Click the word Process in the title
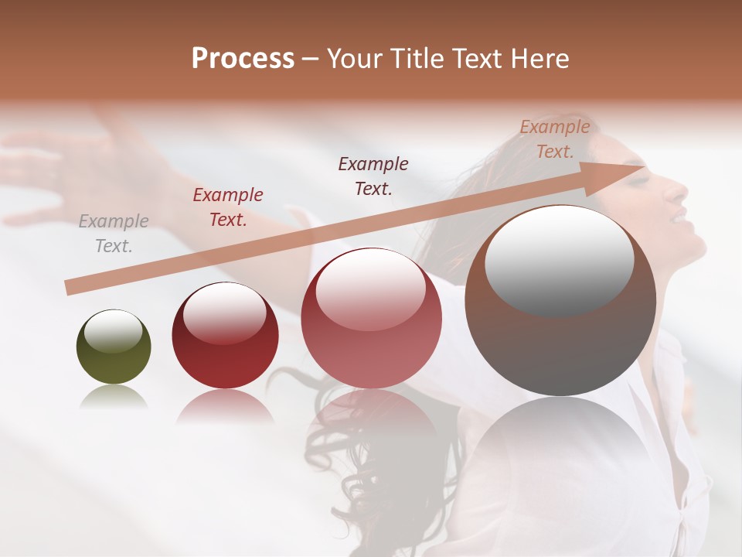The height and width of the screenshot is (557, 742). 243,58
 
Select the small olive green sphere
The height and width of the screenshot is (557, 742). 114,347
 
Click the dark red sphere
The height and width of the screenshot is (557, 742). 225,335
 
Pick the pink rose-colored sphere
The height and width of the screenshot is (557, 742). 371,318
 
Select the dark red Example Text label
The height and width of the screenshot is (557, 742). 228,207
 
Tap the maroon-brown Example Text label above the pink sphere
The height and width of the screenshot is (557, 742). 373,176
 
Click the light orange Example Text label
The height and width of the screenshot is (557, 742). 554,139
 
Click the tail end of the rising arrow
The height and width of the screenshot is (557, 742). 68,288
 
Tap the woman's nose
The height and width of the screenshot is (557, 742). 679,190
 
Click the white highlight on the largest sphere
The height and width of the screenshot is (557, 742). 559,259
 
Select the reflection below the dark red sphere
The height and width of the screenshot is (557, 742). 225,406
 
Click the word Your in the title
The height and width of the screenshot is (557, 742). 354,58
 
